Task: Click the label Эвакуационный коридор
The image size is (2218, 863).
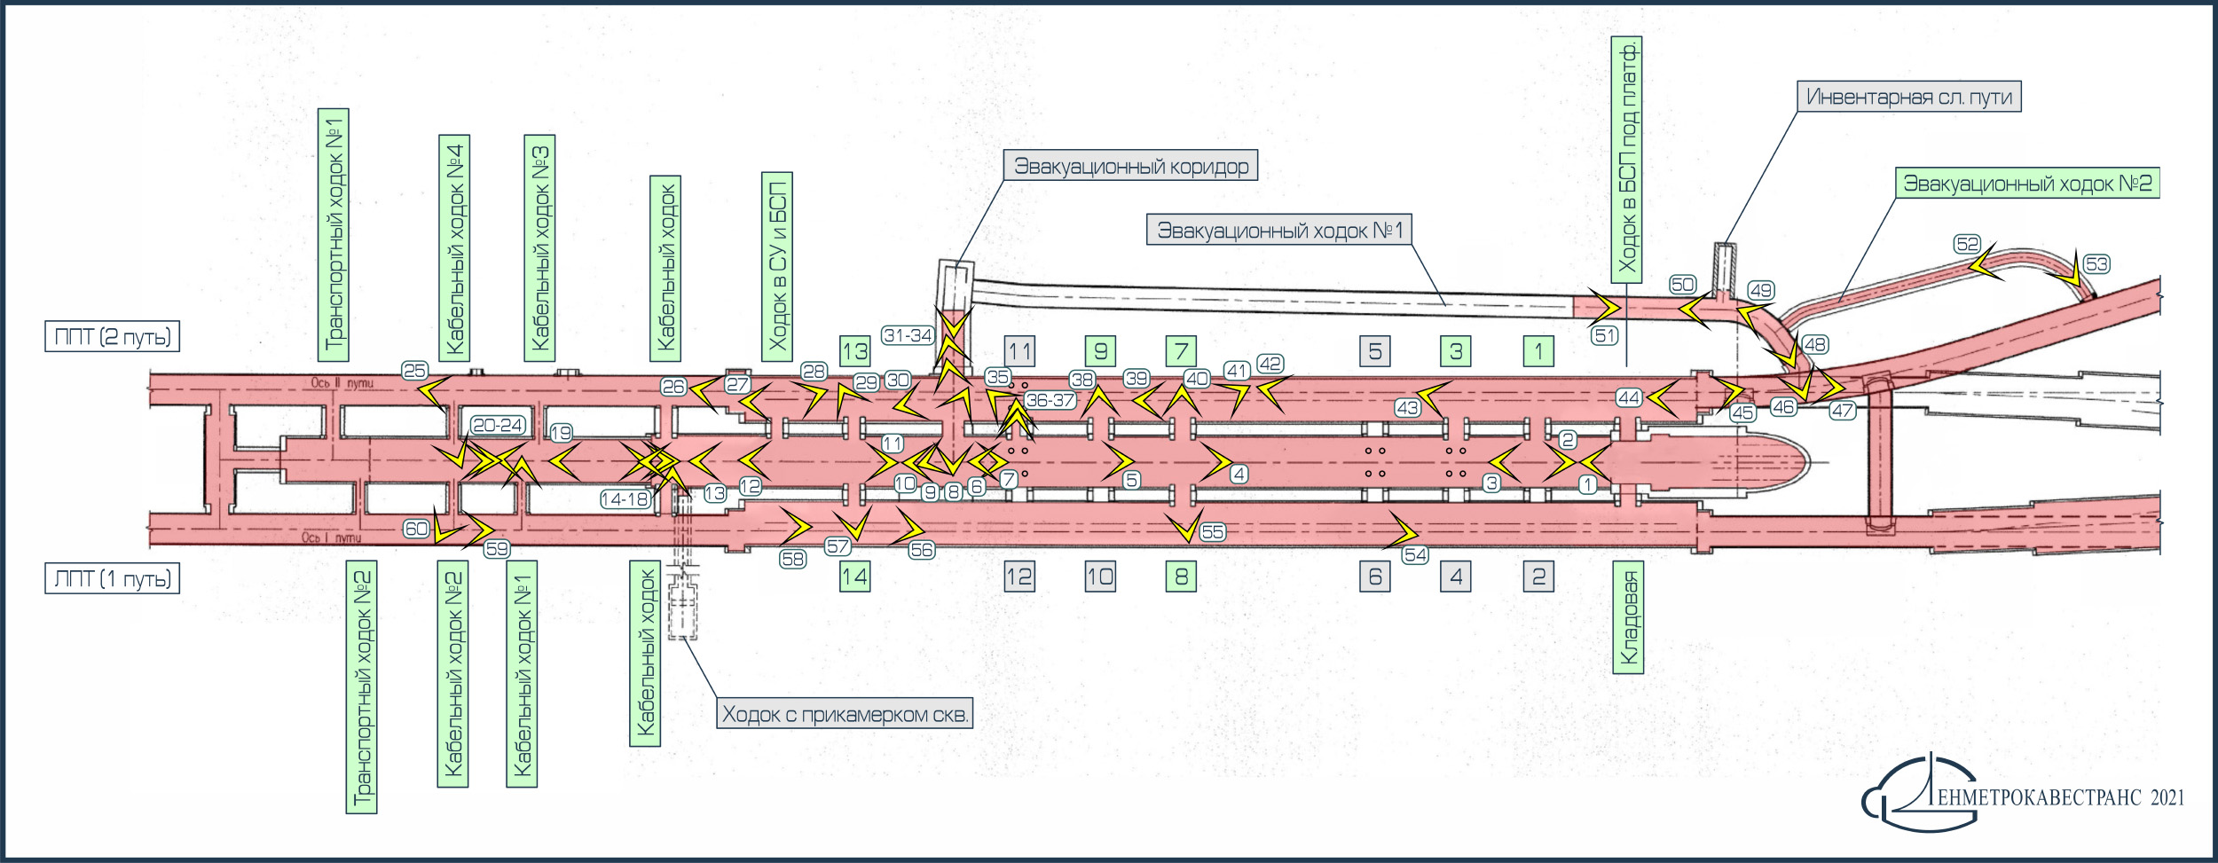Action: pos(1130,166)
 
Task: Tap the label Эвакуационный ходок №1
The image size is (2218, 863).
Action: pos(1279,231)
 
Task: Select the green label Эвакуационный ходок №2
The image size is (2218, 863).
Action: pos(2027,184)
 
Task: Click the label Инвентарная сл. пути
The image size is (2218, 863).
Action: pos(1909,97)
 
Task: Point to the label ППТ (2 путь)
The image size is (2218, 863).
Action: pos(113,337)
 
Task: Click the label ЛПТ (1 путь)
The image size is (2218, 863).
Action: pos(113,579)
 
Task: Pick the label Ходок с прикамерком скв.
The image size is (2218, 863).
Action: pos(845,714)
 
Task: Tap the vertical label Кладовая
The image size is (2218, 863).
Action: pos(1628,617)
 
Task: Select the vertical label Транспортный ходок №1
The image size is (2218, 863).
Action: pos(334,235)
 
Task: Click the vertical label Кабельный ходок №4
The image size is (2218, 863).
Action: pos(454,248)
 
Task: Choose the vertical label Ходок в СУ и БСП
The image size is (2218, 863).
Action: pos(777,267)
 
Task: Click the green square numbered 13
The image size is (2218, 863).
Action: pos(855,351)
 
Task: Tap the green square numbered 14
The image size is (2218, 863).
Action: pos(855,577)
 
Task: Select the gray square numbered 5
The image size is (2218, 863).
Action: pos(1375,351)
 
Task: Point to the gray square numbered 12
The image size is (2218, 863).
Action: pos(1019,577)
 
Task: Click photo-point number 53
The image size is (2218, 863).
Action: pos(2096,264)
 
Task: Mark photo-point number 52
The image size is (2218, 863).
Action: pos(1967,244)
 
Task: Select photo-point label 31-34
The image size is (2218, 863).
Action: pos(908,335)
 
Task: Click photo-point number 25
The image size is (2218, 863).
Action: pos(414,371)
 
